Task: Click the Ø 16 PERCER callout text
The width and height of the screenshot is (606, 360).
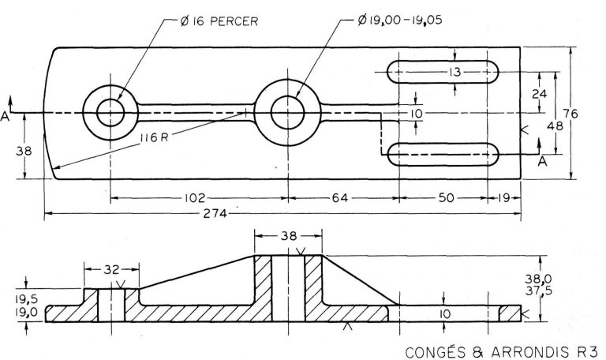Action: click(x=222, y=21)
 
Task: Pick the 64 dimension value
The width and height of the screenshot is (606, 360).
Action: click(x=340, y=197)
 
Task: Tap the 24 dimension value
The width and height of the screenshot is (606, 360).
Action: click(x=539, y=92)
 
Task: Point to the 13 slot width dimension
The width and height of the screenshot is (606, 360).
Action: click(x=454, y=73)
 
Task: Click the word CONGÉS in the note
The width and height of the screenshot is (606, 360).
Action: click(x=432, y=350)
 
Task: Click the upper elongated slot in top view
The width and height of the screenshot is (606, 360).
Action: click(x=443, y=73)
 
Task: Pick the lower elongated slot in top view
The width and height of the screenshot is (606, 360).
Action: click(x=443, y=153)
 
